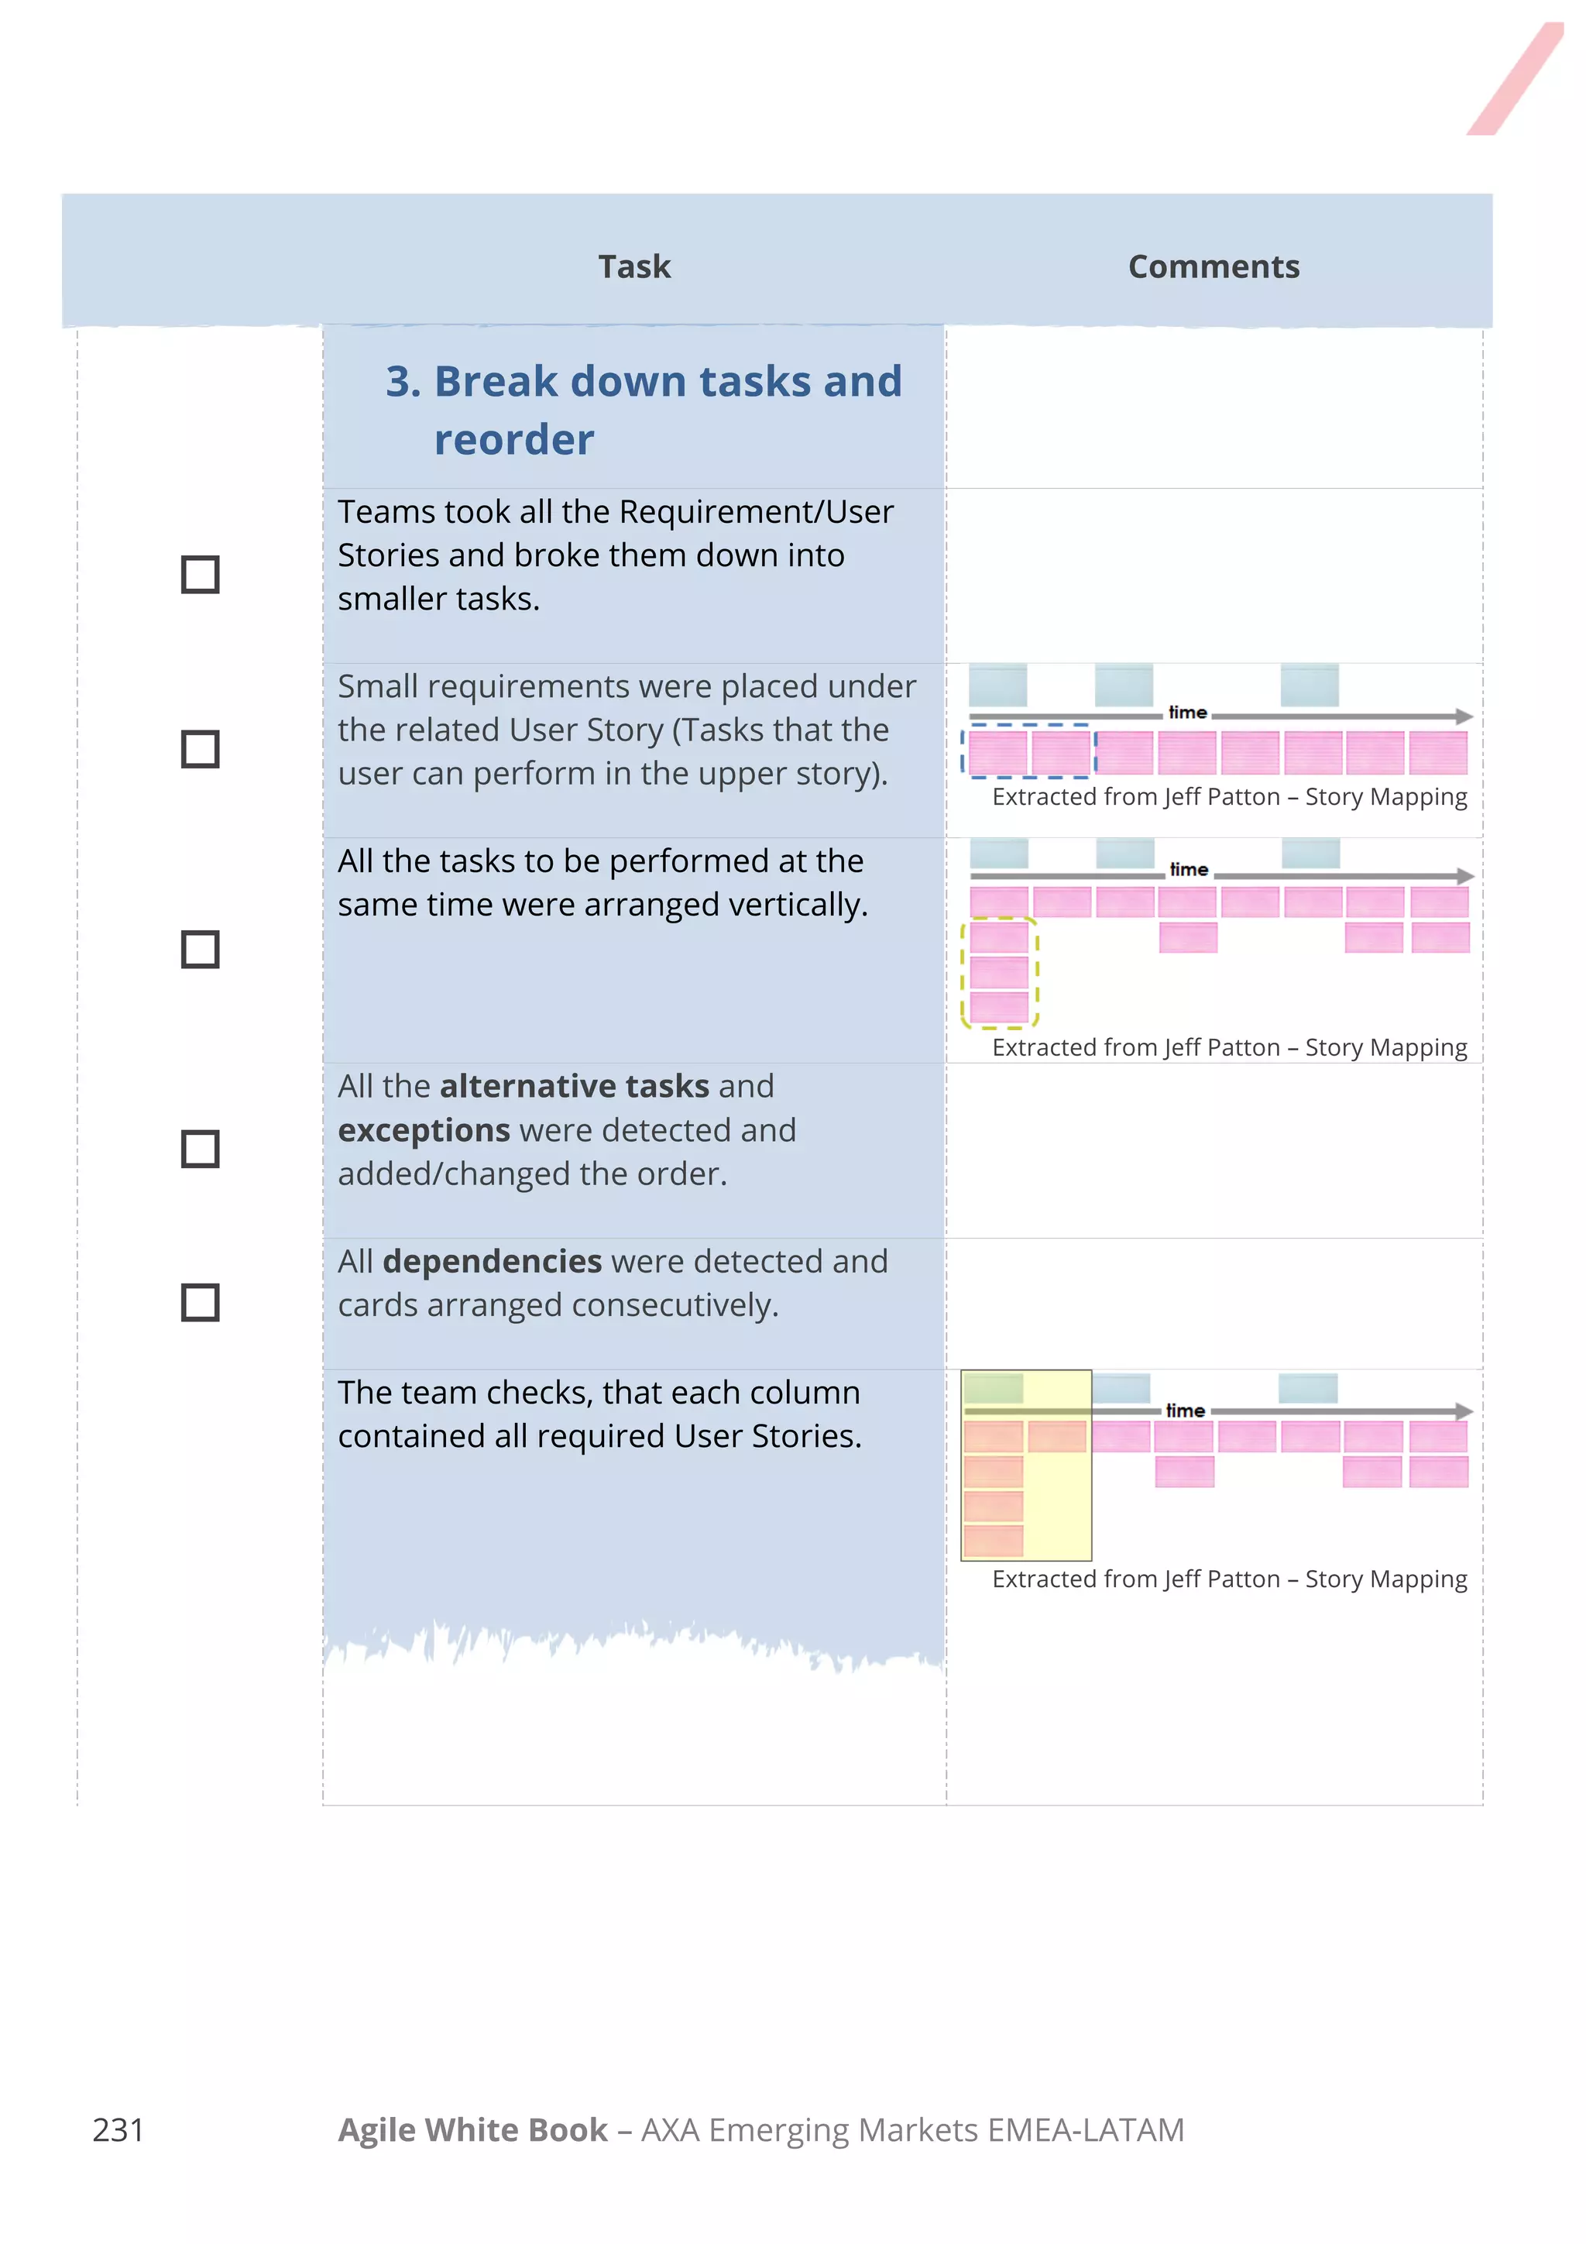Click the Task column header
click(x=634, y=266)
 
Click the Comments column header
click(x=1213, y=266)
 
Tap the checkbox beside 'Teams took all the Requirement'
click(x=201, y=575)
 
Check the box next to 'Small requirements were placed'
click(x=201, y=750)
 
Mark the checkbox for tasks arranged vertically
click(x=201, y=949)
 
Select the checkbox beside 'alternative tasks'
click(x=201, y=1149)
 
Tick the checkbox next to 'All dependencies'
click(x=201, y=1303)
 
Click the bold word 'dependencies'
click(x=492, y=1262)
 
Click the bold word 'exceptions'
click(x=423, y=1131)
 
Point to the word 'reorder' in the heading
click(x=514, y=440)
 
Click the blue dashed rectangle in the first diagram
click(x=1028, y=726)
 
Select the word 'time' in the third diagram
click(x=1186, y=1411)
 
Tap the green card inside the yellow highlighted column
click(x=993, y=1388)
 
